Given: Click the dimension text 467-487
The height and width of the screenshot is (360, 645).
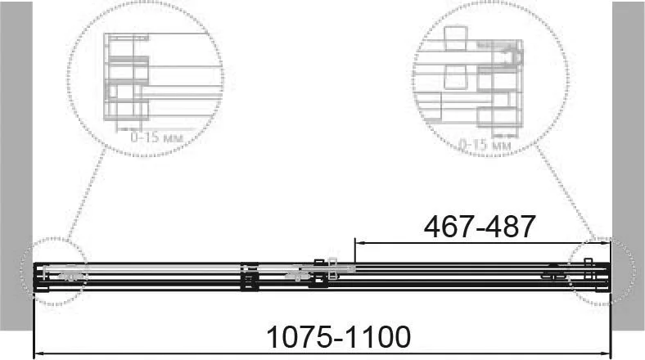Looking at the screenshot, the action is (479, 227).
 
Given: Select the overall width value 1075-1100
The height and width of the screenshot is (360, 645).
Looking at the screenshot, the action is (339, 337).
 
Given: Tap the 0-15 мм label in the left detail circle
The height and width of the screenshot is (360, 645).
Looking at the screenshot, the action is (156, 137).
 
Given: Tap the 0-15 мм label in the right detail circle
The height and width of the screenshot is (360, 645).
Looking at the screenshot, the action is (485, 145).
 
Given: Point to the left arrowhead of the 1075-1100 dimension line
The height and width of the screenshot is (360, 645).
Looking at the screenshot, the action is (38, 353).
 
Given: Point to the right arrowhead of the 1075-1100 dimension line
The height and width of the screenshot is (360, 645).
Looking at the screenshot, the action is (606, 353).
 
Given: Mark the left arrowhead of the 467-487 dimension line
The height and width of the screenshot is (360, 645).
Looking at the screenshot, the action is (359, 243).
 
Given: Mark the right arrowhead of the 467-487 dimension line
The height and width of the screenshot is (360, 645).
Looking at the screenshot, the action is (606, 243).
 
